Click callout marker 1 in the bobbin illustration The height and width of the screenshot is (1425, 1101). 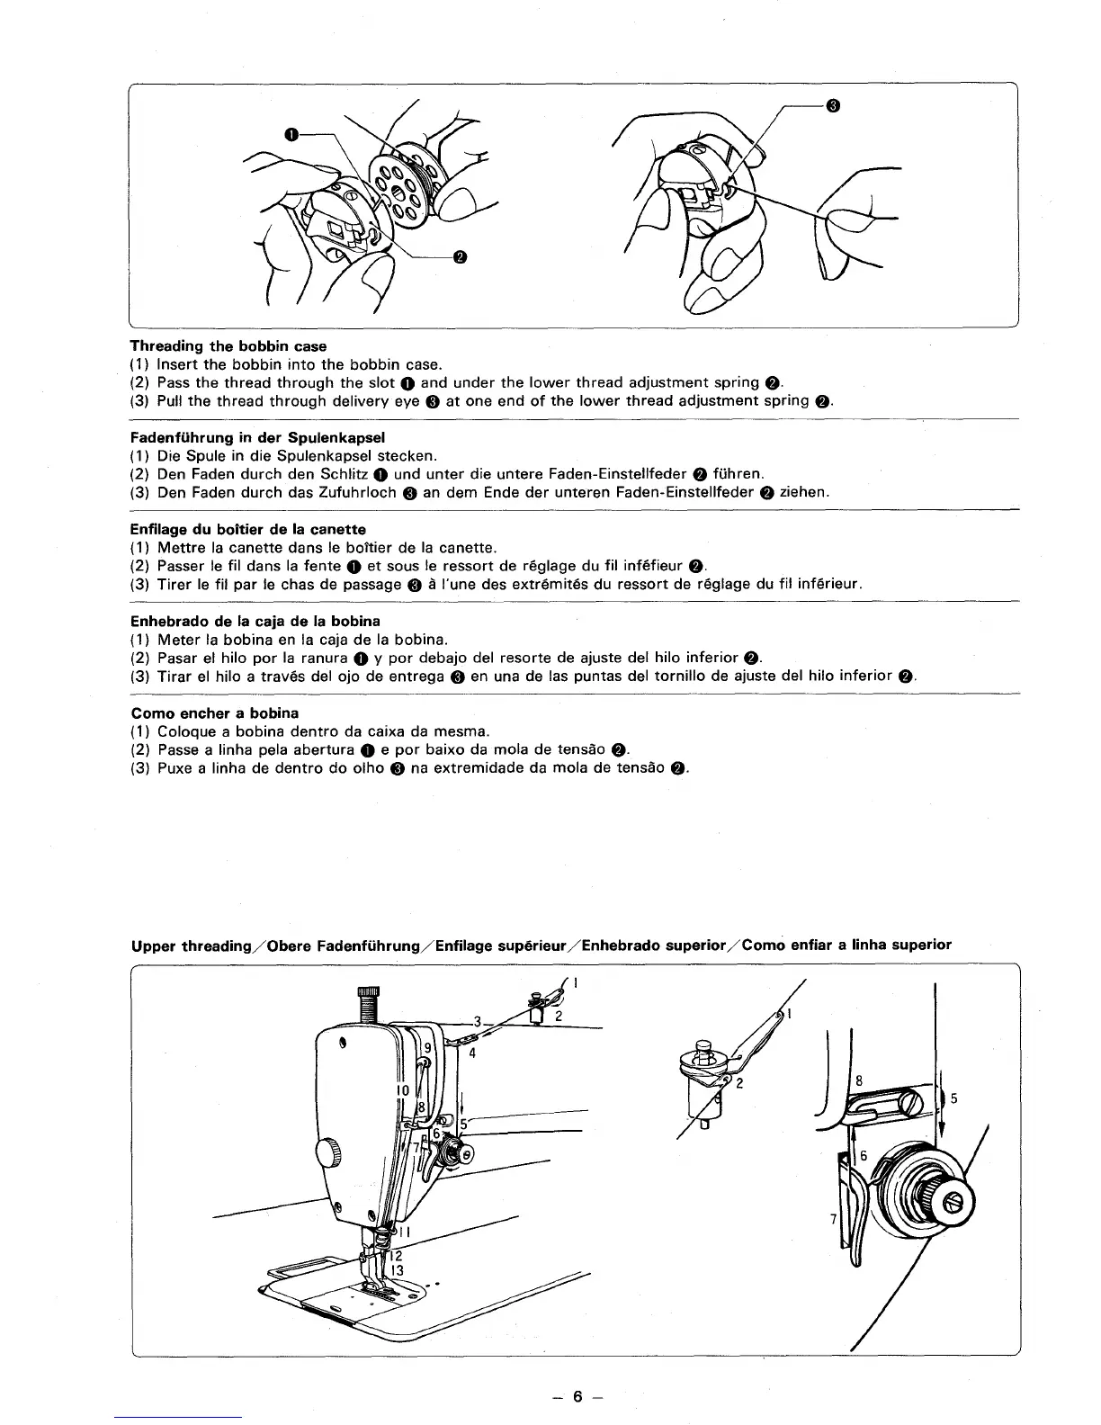291,134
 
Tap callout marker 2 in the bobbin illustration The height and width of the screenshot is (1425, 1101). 460,257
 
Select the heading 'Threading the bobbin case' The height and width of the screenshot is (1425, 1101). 228,346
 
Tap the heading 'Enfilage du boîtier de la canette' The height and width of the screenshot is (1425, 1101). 248,529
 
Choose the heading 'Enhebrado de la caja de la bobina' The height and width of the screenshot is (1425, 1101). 255,621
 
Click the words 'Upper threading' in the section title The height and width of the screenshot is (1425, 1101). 178,945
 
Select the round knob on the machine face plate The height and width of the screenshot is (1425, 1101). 329,1152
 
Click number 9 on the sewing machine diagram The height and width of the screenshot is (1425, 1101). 428,1047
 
